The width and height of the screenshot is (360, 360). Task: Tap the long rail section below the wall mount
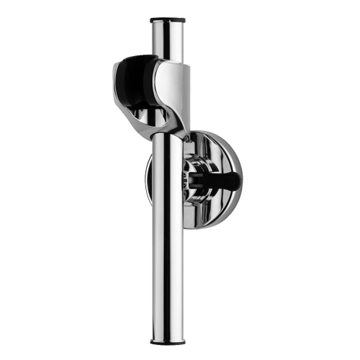click(x=171, y=281)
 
